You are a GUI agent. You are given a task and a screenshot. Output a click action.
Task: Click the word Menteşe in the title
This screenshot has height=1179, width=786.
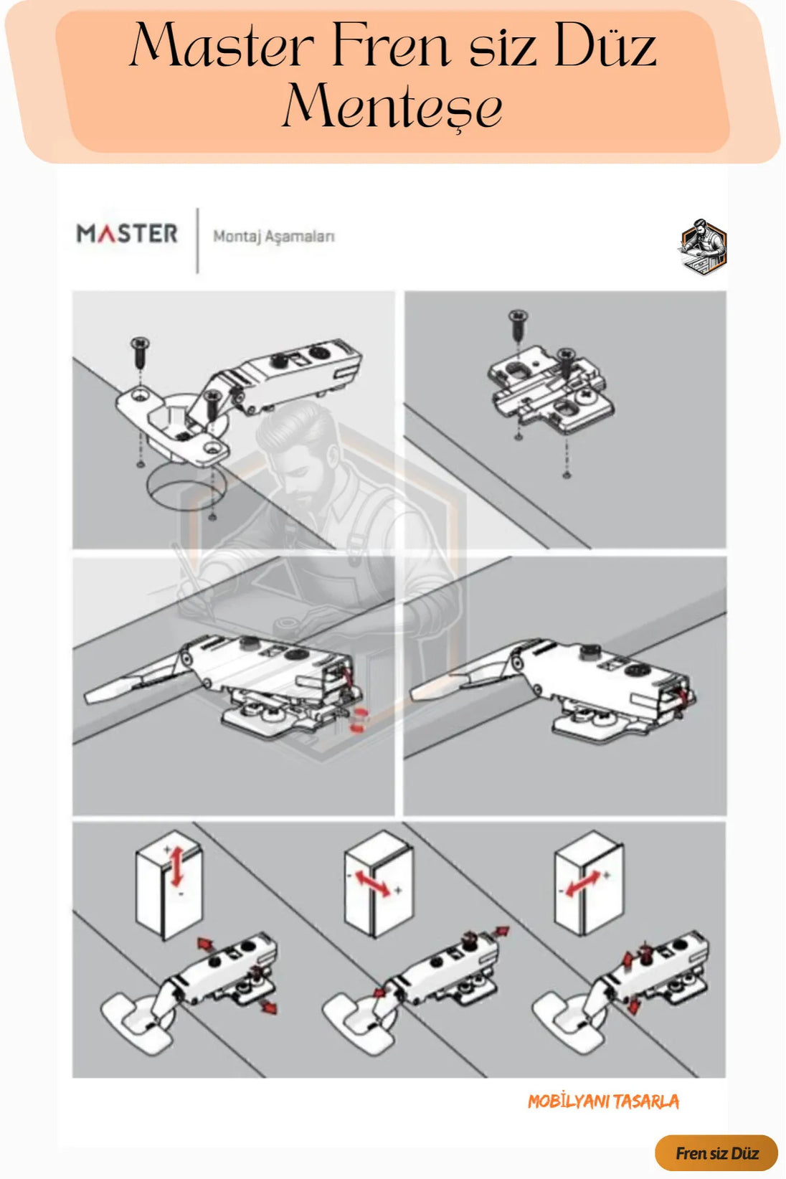pyautogui.click(x=392, y=106)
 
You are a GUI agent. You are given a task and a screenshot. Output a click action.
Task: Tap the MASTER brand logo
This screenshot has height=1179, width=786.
pyautogui.click(x=127, y=235)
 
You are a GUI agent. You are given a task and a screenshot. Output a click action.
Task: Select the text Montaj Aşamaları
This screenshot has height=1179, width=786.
pyautogui.click(x=274, y=237)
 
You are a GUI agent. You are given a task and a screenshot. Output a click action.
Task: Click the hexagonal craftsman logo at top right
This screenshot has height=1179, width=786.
pyautogui.click(x=702, y=246)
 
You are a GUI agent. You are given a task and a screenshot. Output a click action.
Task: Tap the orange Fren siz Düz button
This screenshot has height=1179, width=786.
pyautogui.click(x=716, y=1153)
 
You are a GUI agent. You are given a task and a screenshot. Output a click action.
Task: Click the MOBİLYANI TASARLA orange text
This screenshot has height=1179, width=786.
pyautogui.click(x=603, y=1102)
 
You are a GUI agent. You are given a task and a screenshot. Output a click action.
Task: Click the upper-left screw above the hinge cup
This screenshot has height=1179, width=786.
pyautogui.click(x=140, y=354)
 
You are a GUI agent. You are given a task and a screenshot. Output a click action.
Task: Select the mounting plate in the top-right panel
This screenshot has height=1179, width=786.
pyautogui.click(x=551, y=389)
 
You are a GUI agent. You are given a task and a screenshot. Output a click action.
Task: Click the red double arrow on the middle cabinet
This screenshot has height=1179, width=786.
pyautogui.click(x=373, y=884)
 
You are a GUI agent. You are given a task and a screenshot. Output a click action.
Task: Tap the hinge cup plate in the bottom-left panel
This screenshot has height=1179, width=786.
pyautogui.click(x=138, y=1023)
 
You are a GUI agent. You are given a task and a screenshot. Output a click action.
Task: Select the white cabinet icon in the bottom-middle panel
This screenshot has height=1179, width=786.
pyautogui.click(x=379, y=884)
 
